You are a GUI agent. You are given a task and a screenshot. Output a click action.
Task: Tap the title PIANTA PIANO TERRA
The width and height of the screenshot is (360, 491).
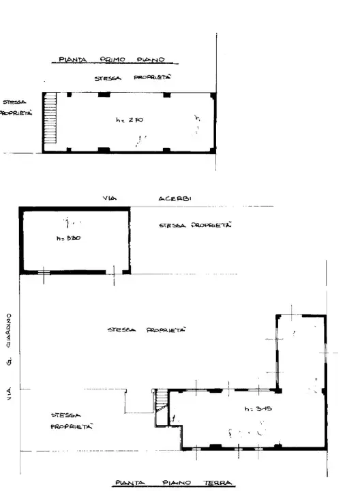[x=173, y=483]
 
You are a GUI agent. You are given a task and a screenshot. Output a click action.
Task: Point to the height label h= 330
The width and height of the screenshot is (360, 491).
[x=68, y=239]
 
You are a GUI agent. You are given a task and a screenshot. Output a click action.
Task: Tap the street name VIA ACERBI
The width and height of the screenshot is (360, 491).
[x=147, y=198]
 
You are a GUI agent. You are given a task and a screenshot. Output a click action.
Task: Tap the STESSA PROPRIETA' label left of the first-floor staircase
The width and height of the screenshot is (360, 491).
[x=15, y=110]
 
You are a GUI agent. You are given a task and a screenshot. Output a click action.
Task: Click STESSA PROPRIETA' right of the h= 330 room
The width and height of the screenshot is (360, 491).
[x=195, y=225]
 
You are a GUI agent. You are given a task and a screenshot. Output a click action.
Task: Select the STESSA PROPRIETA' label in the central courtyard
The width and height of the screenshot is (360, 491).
[x=147, y=329]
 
